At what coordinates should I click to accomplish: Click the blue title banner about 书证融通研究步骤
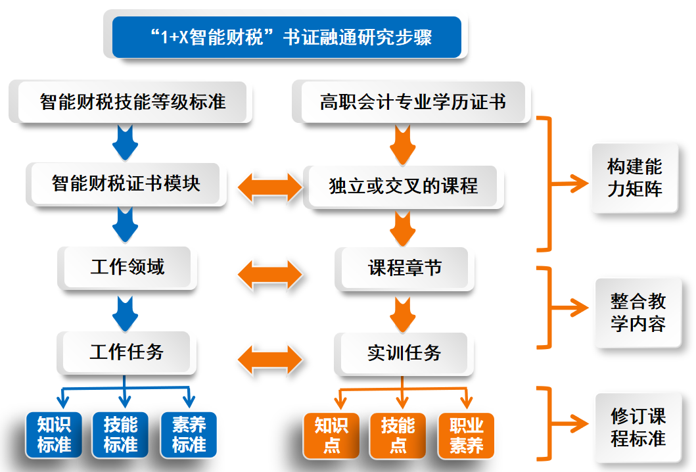tap(287, 37)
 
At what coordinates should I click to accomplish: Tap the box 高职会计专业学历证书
tap(413, 102)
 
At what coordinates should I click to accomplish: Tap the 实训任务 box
tap(404, 353)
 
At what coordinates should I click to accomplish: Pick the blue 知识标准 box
tap(55, 435)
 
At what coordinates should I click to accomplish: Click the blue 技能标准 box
tap(121, 435)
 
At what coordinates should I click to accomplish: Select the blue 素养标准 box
tap(189, 435)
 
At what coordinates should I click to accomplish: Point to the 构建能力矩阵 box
tap(634, 177)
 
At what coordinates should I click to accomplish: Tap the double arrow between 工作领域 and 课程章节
tap(269, 272)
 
